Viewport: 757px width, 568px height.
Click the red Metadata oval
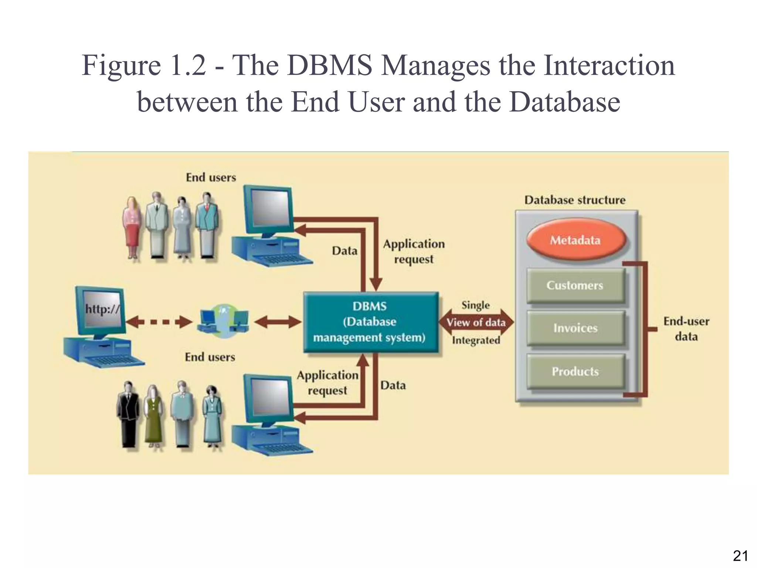(x=575, y=240)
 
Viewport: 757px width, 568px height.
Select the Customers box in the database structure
(x=575, y=285)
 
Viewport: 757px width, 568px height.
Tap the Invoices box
(x=575, y=328)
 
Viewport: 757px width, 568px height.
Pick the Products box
(x=575, y=371)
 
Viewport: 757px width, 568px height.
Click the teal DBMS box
(x=370, y=322)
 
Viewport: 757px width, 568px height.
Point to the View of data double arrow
(x=476, y=322)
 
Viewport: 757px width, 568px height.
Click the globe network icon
(x=223, y=322)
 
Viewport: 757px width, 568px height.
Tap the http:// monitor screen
(x=102, y=309)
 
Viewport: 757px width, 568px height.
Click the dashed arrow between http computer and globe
(x=159, y=322)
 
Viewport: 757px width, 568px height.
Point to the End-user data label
(x=686, y=329)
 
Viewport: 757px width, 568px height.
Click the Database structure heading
(x=575, y=200)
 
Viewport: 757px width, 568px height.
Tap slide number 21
(x=740, y=556)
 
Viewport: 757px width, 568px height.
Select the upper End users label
(x=211, y=177)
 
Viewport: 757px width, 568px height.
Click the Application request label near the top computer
(x=414, y=251)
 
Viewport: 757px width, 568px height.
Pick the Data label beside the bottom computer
(x=393, y=385)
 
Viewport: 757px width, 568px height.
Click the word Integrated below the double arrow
(x=476, y=340)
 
